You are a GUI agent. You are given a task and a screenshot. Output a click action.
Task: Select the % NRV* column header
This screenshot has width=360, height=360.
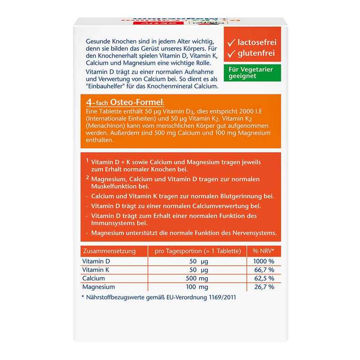pyautogui.click(x=264, y=251)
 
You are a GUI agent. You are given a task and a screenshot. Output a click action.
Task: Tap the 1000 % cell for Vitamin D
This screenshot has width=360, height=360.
pyautogui.click(x=264, y=261)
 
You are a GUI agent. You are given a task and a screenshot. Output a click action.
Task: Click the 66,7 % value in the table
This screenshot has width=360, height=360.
pyautogui.click(x=264, y=270)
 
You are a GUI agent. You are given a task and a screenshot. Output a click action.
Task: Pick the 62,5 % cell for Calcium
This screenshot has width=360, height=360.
pyautogui.click(x=264, y=279)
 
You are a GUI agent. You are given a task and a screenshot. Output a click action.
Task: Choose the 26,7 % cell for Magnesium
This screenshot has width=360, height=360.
pyautogui.click(x=264, y=287)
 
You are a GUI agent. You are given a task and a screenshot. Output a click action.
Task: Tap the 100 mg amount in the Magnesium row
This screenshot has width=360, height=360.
pyautogui.click(x=198, y=287)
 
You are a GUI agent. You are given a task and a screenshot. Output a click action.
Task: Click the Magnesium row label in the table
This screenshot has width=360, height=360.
pyautogui.click(x=99, y=287)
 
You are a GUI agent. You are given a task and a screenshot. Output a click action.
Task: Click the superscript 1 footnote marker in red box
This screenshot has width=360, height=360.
pyautogui.click(x=86, y=160)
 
